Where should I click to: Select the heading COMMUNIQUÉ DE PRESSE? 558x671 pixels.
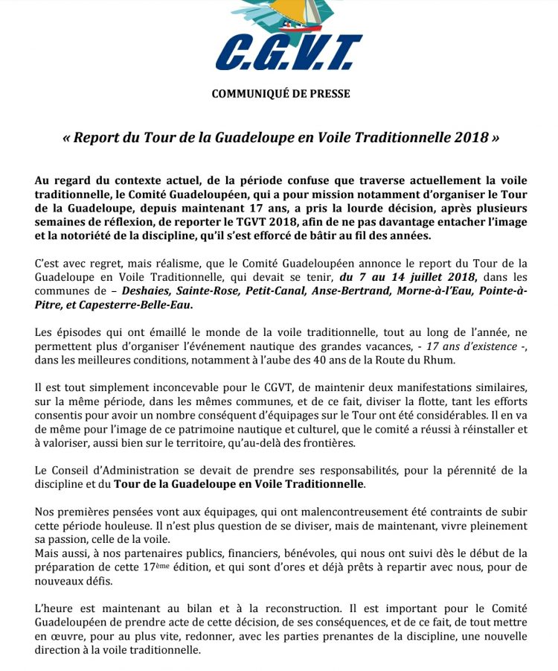click(280, 94)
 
